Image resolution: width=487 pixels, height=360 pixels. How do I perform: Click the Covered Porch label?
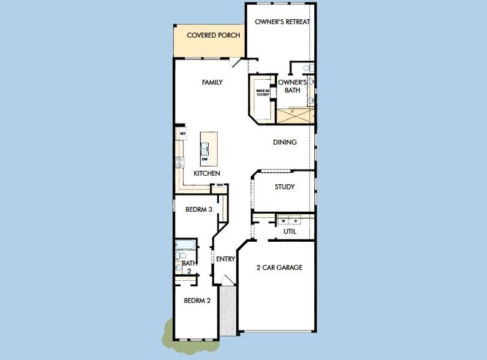tap(214, 35)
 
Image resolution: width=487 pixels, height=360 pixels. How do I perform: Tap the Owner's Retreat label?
tap(282, 22)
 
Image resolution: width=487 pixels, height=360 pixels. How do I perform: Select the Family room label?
tap(212, 82)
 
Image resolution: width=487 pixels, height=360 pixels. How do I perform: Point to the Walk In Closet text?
tap(262, 92)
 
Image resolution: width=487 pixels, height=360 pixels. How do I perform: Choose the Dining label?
tap(285, 142)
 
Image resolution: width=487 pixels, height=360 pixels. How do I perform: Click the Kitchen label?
tap(206, 173)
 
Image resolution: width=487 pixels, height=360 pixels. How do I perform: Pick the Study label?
tap(284, 187)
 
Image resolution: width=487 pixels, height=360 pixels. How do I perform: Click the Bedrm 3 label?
tap(198, 209)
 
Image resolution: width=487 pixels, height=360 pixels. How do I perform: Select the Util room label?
tap(290, 231)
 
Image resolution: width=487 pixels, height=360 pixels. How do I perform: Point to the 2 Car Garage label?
tap(279, 268)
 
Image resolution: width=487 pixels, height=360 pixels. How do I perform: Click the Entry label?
tap(226, 259)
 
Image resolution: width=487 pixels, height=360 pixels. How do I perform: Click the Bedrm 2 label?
tap(197, 301)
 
